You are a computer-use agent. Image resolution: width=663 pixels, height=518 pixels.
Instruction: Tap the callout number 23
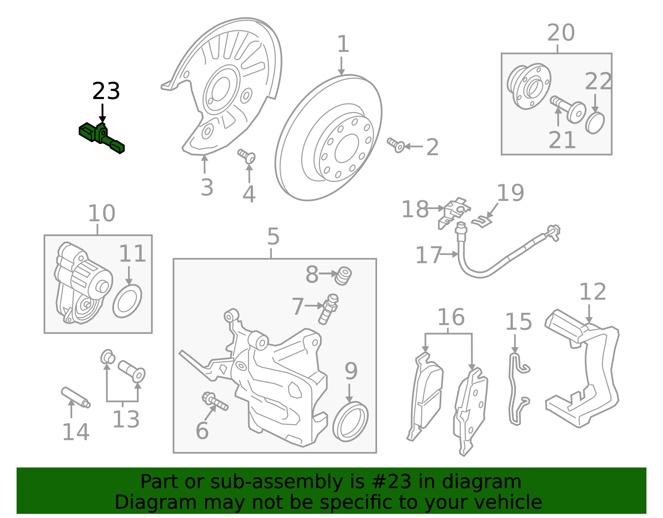click(x=106, y=91)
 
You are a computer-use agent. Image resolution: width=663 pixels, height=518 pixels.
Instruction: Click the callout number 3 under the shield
click(x=207, y=187)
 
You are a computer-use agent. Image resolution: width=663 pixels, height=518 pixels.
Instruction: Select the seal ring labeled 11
click(x=127, y=301)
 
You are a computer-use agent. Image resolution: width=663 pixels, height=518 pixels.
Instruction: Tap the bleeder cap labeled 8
click(x=343, y=276)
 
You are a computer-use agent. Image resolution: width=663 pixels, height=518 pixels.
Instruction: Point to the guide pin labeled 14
click(x=75, y=398)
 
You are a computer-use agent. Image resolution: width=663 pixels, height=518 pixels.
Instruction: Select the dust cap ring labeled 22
click(x=595, y=123)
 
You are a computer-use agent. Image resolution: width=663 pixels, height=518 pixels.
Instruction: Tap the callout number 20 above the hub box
click(x=561, y=33)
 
